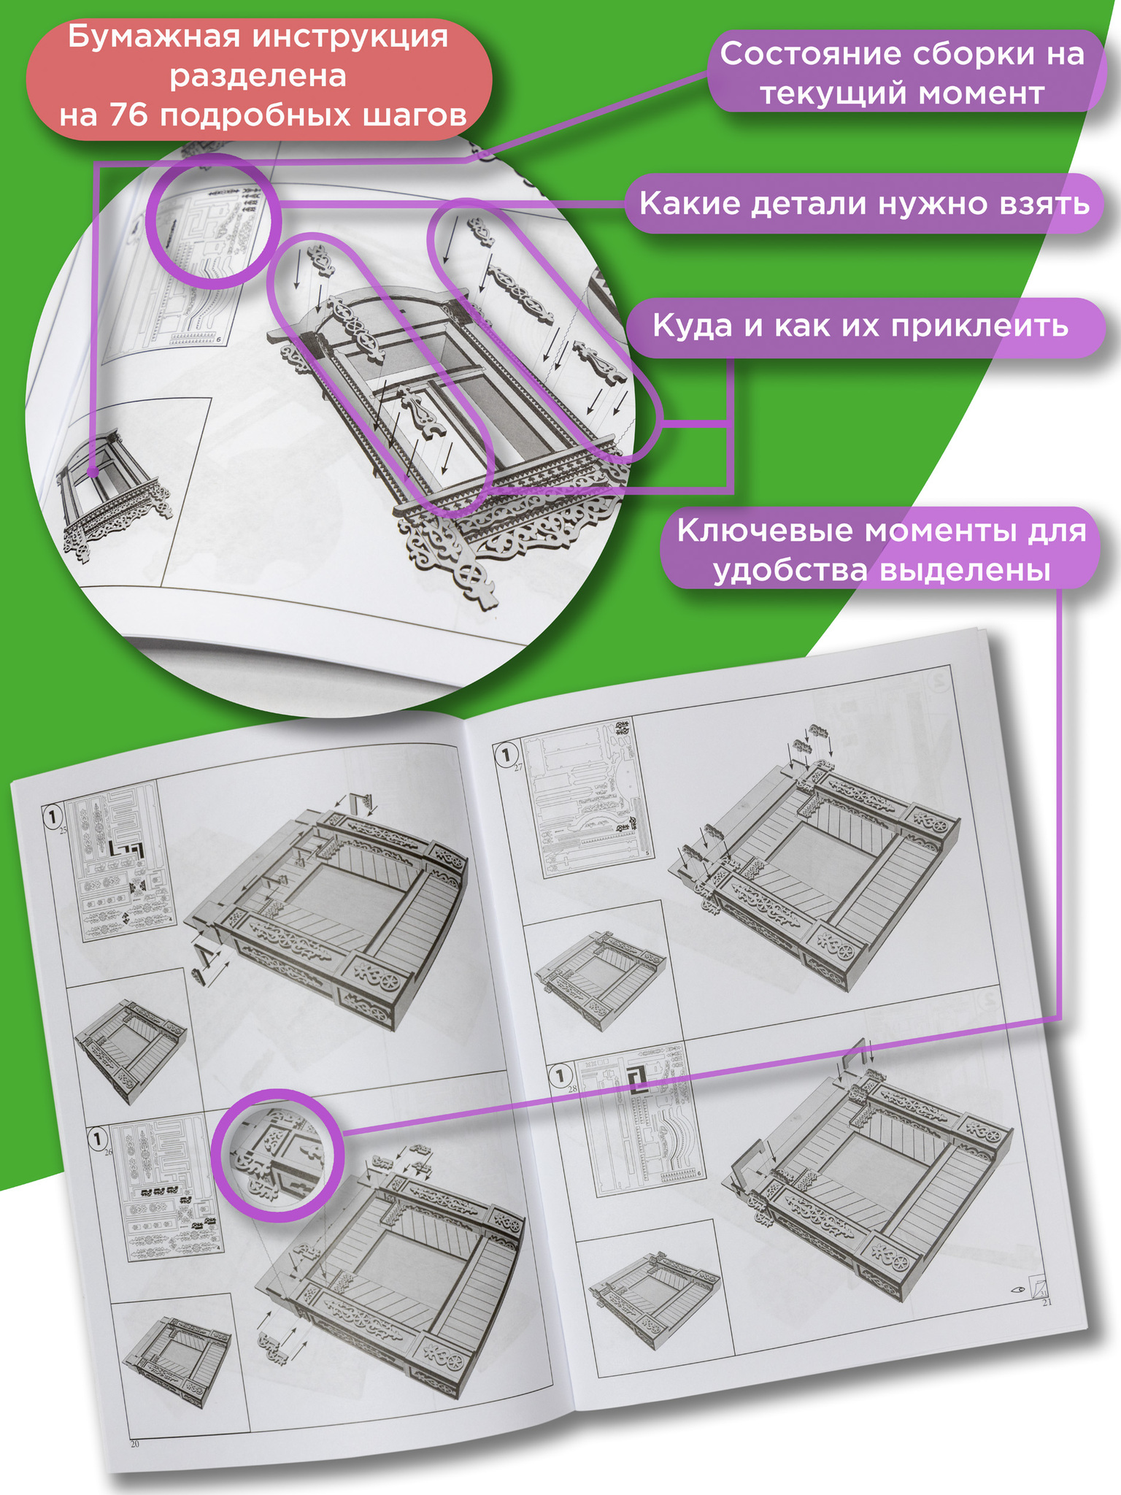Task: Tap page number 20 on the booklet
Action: [x=134, y=1443]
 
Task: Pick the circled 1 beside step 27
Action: [x=506, y=753]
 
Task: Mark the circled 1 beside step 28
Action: [x=560, y=1075]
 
